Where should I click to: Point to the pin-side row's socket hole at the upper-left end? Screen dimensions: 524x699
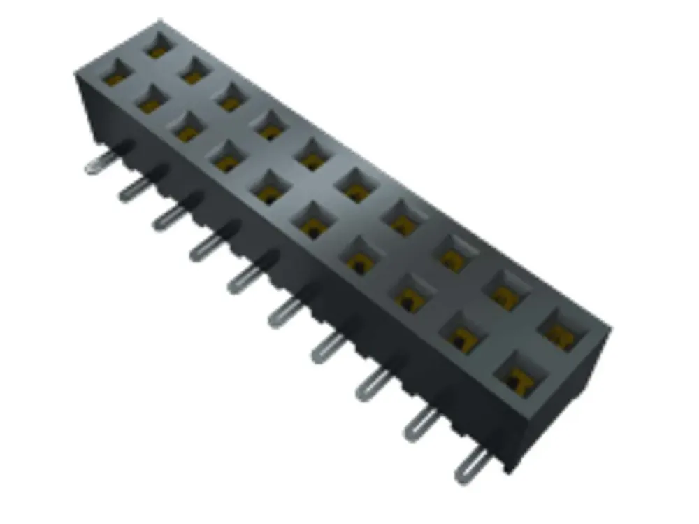115,75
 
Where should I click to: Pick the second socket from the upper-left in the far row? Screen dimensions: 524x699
194,69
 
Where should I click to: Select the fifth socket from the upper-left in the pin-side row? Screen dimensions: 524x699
268,187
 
